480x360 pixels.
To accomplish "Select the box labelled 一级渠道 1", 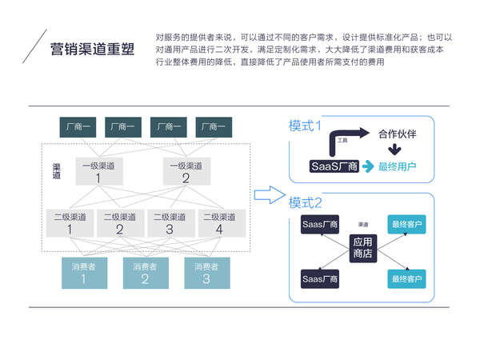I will coord(98,171).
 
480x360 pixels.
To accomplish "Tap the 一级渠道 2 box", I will coord(186,171).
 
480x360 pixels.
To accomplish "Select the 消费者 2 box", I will coord(145,273).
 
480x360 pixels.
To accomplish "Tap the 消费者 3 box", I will coord(206,273).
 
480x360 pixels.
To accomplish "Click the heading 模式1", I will coord(305,126).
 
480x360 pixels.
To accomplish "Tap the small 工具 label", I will coord(342,140).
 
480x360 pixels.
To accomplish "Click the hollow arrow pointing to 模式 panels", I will coord(269,194).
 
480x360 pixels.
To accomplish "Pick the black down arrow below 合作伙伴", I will coord(394,150).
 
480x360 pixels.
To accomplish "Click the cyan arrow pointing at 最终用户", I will coord(367,166).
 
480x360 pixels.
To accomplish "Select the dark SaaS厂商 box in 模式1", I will coord(333,166).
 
